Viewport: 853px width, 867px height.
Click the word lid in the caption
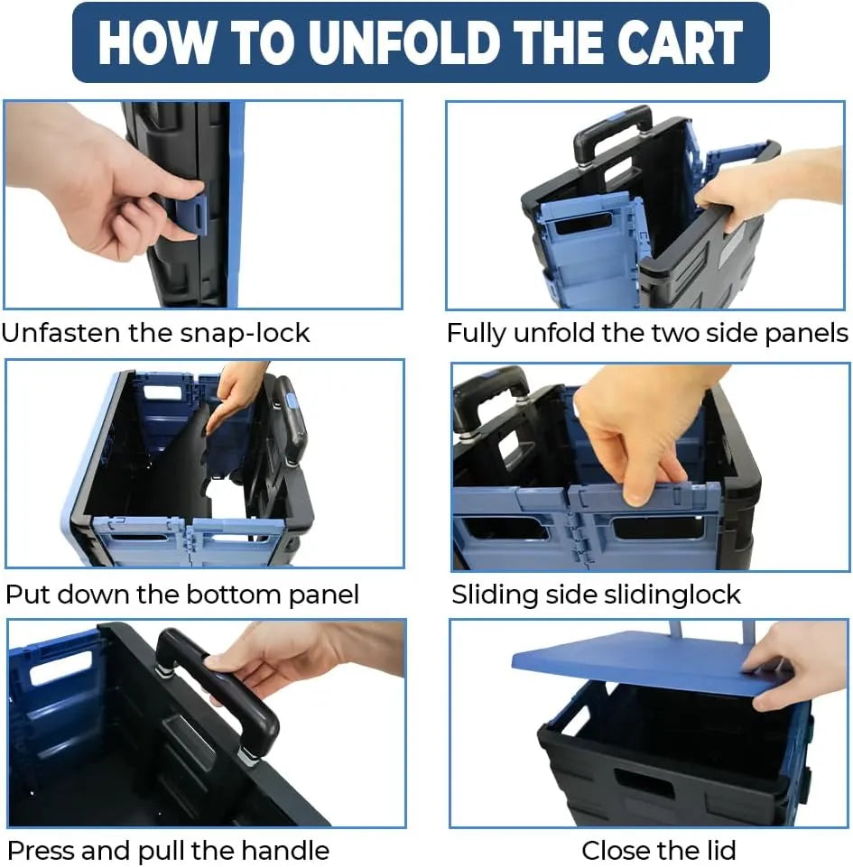click(719, 850)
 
